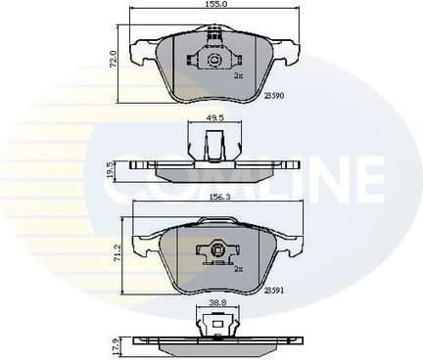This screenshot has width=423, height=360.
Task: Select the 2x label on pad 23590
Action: (238, 73)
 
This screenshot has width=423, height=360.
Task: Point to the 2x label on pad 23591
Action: (237, 267)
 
